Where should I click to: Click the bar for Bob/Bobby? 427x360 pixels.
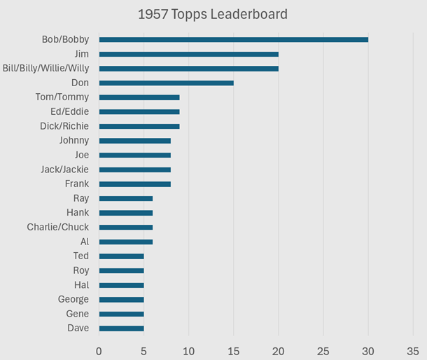point(234,40)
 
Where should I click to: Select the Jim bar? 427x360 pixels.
point(189,54)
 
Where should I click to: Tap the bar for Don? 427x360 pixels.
point(167,83)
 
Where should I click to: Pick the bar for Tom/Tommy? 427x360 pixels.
point(139,97)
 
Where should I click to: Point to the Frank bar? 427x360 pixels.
point(135,184)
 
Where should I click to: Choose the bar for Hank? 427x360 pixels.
point(126,213)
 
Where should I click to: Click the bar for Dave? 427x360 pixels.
point(122,328)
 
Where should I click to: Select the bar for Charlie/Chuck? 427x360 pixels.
point(126,228)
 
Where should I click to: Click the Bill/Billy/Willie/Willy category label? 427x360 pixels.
point(45,69)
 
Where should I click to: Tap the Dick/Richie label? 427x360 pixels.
point(64,126)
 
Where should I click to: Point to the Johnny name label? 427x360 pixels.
point(74,141)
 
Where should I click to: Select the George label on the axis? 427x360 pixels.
point(73,300)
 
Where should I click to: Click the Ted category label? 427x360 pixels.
point(81,256)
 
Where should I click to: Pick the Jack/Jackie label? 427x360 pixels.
point(65,169)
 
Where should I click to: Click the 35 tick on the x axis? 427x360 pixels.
point(413,352)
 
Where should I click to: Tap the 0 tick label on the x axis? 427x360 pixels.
point(99,352)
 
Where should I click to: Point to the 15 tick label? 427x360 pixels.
point(233,352)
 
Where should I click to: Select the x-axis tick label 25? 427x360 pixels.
point(323,352)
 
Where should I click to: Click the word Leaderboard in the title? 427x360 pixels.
point(249,14)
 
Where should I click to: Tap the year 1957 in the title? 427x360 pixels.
point(153,14)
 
